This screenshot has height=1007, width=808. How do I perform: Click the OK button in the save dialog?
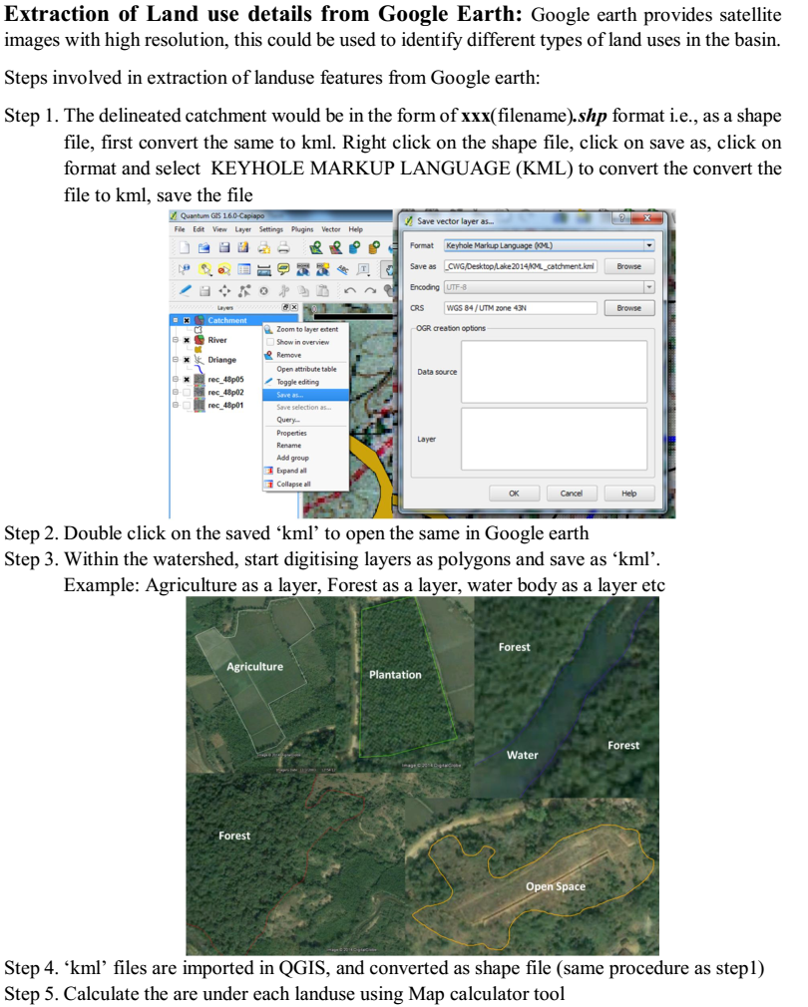pyautogui.click(x=514, y=493)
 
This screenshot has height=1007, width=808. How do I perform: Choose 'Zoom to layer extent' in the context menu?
pyautogui.click(x=306, y=329)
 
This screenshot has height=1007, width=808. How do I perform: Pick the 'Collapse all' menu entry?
pyautogui.click(x=293, y=484)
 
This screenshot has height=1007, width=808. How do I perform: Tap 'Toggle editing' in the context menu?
pyautogui.click(x=297, y=382)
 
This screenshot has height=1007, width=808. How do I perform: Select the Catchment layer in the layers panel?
pyautogui.click(x=227, y=320)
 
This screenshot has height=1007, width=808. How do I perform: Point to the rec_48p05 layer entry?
pyautogui.click(x=225, y=380)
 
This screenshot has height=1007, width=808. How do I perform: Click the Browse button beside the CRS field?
pyautogui.click(x=628, y=308)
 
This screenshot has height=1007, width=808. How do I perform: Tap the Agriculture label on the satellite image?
pyautogui.click(x=254, y=666)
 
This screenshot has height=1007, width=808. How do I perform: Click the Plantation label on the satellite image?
pyautogui.click(x=395, y=675)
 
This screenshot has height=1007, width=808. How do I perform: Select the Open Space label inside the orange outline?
pyautogui.click(x=556, y=886)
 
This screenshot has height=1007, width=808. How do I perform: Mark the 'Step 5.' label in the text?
pyautogui.click(x=32, y=993)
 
